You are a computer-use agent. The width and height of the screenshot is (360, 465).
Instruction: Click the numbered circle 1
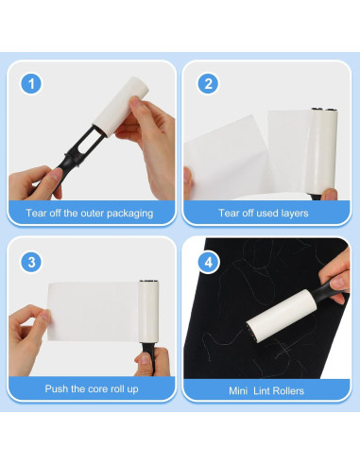click(x=31, y=84)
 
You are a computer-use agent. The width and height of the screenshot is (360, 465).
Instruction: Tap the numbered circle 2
click(x=208, y=84)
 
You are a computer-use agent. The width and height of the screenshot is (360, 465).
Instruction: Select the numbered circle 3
click(x=31, y=262)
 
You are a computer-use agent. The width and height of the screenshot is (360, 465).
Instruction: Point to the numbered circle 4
click(x=209, y=262)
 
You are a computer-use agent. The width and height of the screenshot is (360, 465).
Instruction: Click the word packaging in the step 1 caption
click(x=129, y=214)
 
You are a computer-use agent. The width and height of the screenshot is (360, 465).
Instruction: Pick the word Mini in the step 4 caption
click(x=238, y=391)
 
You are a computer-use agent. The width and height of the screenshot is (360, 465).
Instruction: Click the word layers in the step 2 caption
click(x=294, y=214)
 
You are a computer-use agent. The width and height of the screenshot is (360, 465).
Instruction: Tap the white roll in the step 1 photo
click(x=121, y=107)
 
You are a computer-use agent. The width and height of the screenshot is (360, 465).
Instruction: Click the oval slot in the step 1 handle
click(x=87, y=139)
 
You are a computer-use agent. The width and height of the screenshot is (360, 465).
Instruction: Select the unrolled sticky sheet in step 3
click(x=94, y=311)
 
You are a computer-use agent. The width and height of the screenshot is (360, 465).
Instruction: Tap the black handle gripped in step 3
click(x=148, y=357)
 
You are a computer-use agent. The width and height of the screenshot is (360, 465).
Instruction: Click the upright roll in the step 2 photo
click(x=323, y=150)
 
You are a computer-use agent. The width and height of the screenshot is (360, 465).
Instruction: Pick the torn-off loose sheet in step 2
click(x=226, y=158)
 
